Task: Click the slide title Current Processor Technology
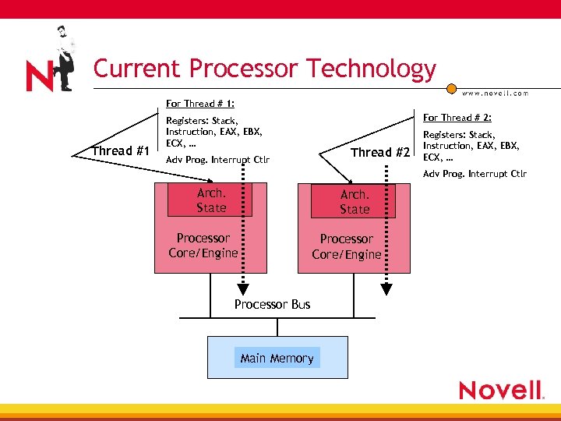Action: pyautogui.click(x=264, y=69)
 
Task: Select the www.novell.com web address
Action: pyautogui.click(x=495, y=93)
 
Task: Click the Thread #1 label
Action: pyautogui.click(x=120, y=150)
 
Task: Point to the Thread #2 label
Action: pyautogui.click(x=379, y=152)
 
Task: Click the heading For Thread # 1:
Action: pyautogui.click(x=200, y=103)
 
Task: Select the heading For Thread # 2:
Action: pyautogui.click(x=456, y=118)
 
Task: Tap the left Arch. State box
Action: pyautogui.click(x=210, y=200)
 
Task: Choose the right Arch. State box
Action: pyautogui.click(x=354, y=201)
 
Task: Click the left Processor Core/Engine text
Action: pyautogui.click(x=203, y=245)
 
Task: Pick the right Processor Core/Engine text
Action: pyautogui.click(x=347, y=246)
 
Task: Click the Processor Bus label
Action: pyautogui.click(x=272, y=304)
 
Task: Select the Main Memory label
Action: pyautogui.click(x=277, y=358)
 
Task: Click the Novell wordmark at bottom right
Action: pyautogui.click(x=501, y=390)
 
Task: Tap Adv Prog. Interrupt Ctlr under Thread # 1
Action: pyautogui.click(x=217, y=160)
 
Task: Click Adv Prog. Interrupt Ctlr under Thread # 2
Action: pyautogui.click(x=475, y=173)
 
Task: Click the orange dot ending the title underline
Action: pyautogui.click(x=450, y=88)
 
